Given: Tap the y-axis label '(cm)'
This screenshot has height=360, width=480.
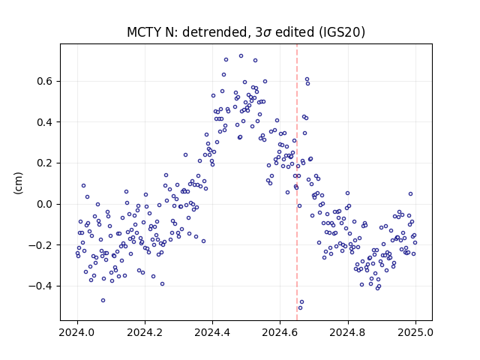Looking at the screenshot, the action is [18, 183].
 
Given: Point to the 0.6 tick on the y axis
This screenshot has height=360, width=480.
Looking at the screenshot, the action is [45, 81].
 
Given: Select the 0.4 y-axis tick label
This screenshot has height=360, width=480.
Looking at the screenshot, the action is [45, 122].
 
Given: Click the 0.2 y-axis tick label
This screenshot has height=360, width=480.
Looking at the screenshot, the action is [45, 163].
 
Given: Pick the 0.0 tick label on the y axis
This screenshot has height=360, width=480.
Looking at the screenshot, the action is [45, 204].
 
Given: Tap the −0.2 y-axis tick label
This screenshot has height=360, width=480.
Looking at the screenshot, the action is [40, 245].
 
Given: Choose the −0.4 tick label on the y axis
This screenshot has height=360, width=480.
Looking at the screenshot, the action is [40, 286].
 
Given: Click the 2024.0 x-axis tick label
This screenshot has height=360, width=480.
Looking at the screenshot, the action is [77, 332].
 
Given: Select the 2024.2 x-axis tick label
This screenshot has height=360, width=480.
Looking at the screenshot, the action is [145, 332].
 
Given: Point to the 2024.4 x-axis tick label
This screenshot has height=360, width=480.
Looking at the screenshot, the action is [212, 332].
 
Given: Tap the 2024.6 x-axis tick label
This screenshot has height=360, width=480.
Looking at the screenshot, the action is [280, 332].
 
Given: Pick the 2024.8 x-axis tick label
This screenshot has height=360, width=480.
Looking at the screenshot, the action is [348, 332].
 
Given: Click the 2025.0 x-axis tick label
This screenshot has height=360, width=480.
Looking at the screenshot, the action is [415, 332].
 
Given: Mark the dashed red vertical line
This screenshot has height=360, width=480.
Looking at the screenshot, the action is [297, 182].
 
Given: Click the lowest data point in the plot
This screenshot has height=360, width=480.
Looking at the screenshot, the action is [300, 307].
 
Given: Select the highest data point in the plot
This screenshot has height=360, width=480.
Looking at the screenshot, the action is [241, 56].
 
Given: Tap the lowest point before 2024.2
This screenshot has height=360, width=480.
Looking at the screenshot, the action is [103, 300].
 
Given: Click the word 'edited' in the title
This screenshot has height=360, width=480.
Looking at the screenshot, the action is [295, 32].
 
